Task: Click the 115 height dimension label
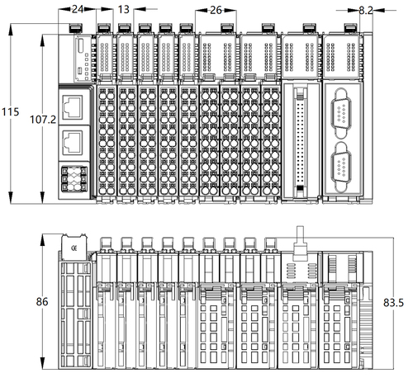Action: (11, 111)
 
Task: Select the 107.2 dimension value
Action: (43, 120)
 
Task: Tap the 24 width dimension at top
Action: (78, 9)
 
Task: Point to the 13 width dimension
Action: (123, 10)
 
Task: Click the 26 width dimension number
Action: (216, 10)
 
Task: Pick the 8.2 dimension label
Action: (366, 11)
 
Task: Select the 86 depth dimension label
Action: (42, 301)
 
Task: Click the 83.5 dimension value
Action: (393, 303)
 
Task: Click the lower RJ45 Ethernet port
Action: (73, 143)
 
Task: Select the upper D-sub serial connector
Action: (342, 113)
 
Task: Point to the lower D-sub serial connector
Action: (342, 167)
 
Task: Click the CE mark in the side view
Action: (74, 248)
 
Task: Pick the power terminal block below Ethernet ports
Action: (74, 179)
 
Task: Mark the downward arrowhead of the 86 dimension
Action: (42, 363)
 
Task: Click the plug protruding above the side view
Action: (300, 243)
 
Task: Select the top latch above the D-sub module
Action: (352, 27)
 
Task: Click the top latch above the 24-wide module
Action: (76, 27)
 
